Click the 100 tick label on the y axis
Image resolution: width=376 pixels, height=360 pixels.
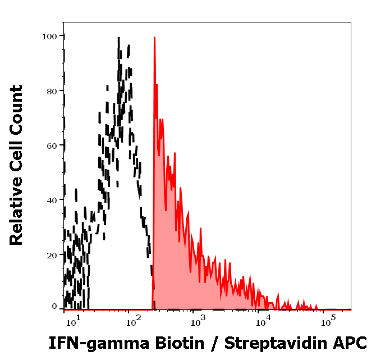(49, 37)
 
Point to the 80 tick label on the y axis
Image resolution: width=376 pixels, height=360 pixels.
(52, 91)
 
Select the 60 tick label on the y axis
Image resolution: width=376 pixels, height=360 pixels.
(52, 145)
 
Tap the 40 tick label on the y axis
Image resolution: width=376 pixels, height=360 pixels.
(52, 200)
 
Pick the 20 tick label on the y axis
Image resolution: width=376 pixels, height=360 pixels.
(52, 254)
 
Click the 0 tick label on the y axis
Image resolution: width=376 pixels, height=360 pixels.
(54, 307)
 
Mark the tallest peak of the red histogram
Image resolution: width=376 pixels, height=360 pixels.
(154, 39)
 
